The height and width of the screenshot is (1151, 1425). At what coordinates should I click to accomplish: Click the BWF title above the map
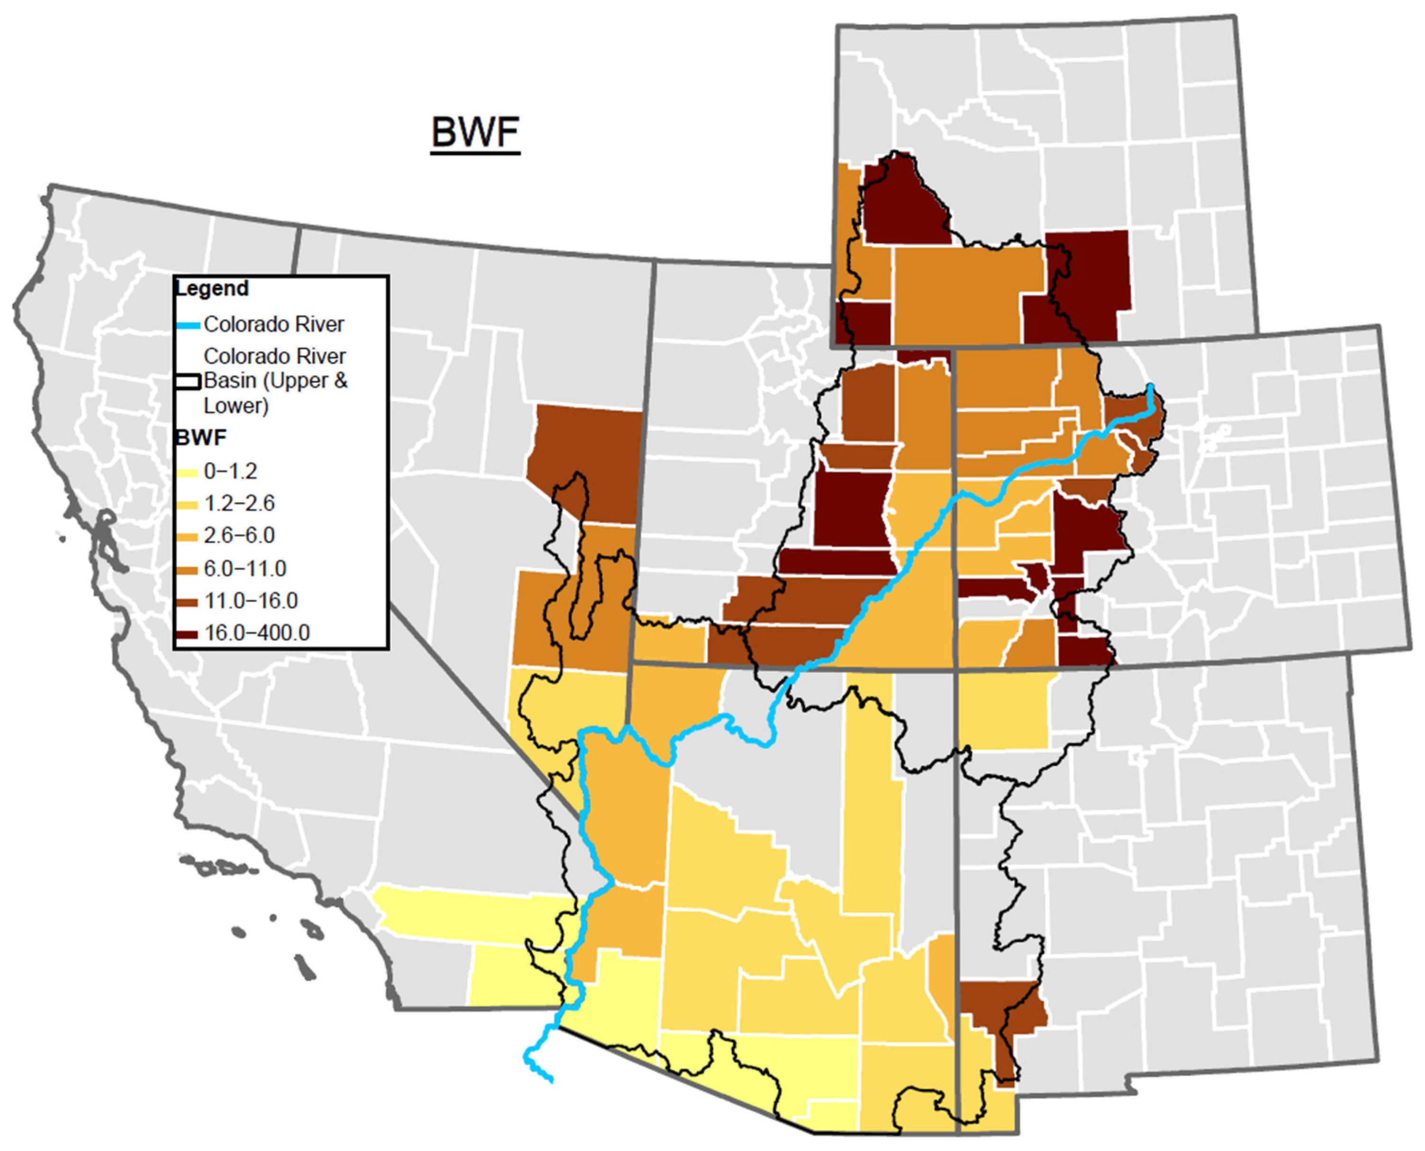tap(475, 133)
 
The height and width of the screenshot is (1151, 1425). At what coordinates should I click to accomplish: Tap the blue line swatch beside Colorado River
tap(187, 325)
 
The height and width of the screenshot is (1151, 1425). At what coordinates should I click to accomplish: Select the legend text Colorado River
tap(273, 324)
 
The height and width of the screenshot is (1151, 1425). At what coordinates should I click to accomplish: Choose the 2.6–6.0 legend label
tap(239, 536)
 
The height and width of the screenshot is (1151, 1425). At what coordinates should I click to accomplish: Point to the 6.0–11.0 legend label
tap(244, 569)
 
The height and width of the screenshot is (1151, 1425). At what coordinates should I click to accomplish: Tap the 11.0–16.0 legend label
tap(250, 601)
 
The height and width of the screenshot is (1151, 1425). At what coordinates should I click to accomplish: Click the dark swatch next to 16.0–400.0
tap(186, 635)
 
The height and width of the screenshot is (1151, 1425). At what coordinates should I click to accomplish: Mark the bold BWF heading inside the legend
tap(200, 438)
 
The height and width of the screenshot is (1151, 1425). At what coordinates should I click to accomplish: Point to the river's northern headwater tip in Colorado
tap(1151, 387)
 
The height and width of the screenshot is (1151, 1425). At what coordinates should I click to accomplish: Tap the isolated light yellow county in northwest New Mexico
tap(1005, 710)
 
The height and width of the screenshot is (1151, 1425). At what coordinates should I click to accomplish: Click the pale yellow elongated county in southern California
tap(464, 915)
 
